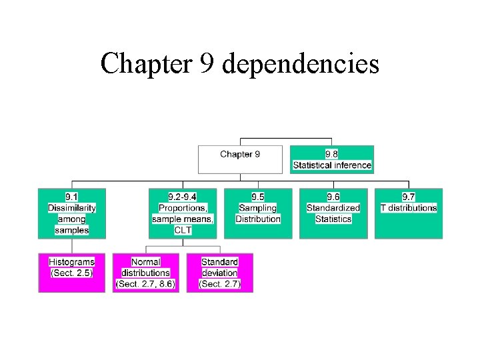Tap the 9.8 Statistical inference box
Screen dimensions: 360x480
tap(332, 159)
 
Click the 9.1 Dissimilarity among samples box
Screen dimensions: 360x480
tap(71, 213)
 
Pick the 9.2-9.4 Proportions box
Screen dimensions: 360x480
tap(183, 213)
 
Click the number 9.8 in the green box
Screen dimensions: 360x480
tap(332, 154)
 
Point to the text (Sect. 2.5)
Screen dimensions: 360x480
tap(71, 273)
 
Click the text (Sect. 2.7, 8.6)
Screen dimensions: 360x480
tap(145, 284)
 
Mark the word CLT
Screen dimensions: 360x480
tap(183, 230)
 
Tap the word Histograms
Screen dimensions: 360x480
tap(71, 262)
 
